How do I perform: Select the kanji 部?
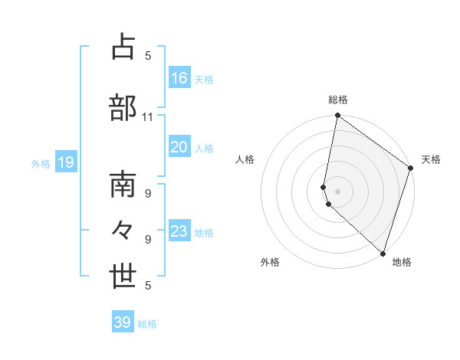[123, 108]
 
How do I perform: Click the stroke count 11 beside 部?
[148, 116]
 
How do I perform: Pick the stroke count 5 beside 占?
[148, 55]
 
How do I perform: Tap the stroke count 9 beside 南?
[148, 193]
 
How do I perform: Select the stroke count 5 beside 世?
[148, 285]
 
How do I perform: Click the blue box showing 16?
[179, 77]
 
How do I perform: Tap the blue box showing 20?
[179, 147]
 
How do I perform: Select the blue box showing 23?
[179, 231]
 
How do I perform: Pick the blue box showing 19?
[65, 162]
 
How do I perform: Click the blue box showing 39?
[123, 322]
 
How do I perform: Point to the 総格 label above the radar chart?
[338, 100]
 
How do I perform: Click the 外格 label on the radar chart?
[270, 262]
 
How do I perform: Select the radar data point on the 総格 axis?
[337, 116]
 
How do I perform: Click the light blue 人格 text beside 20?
[205, 148]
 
